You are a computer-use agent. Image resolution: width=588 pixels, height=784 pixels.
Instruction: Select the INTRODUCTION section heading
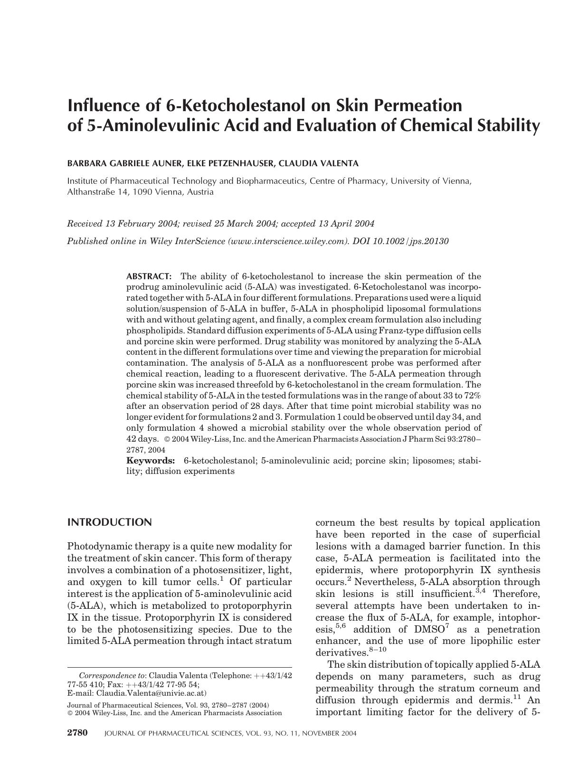(x=110, y=523)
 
